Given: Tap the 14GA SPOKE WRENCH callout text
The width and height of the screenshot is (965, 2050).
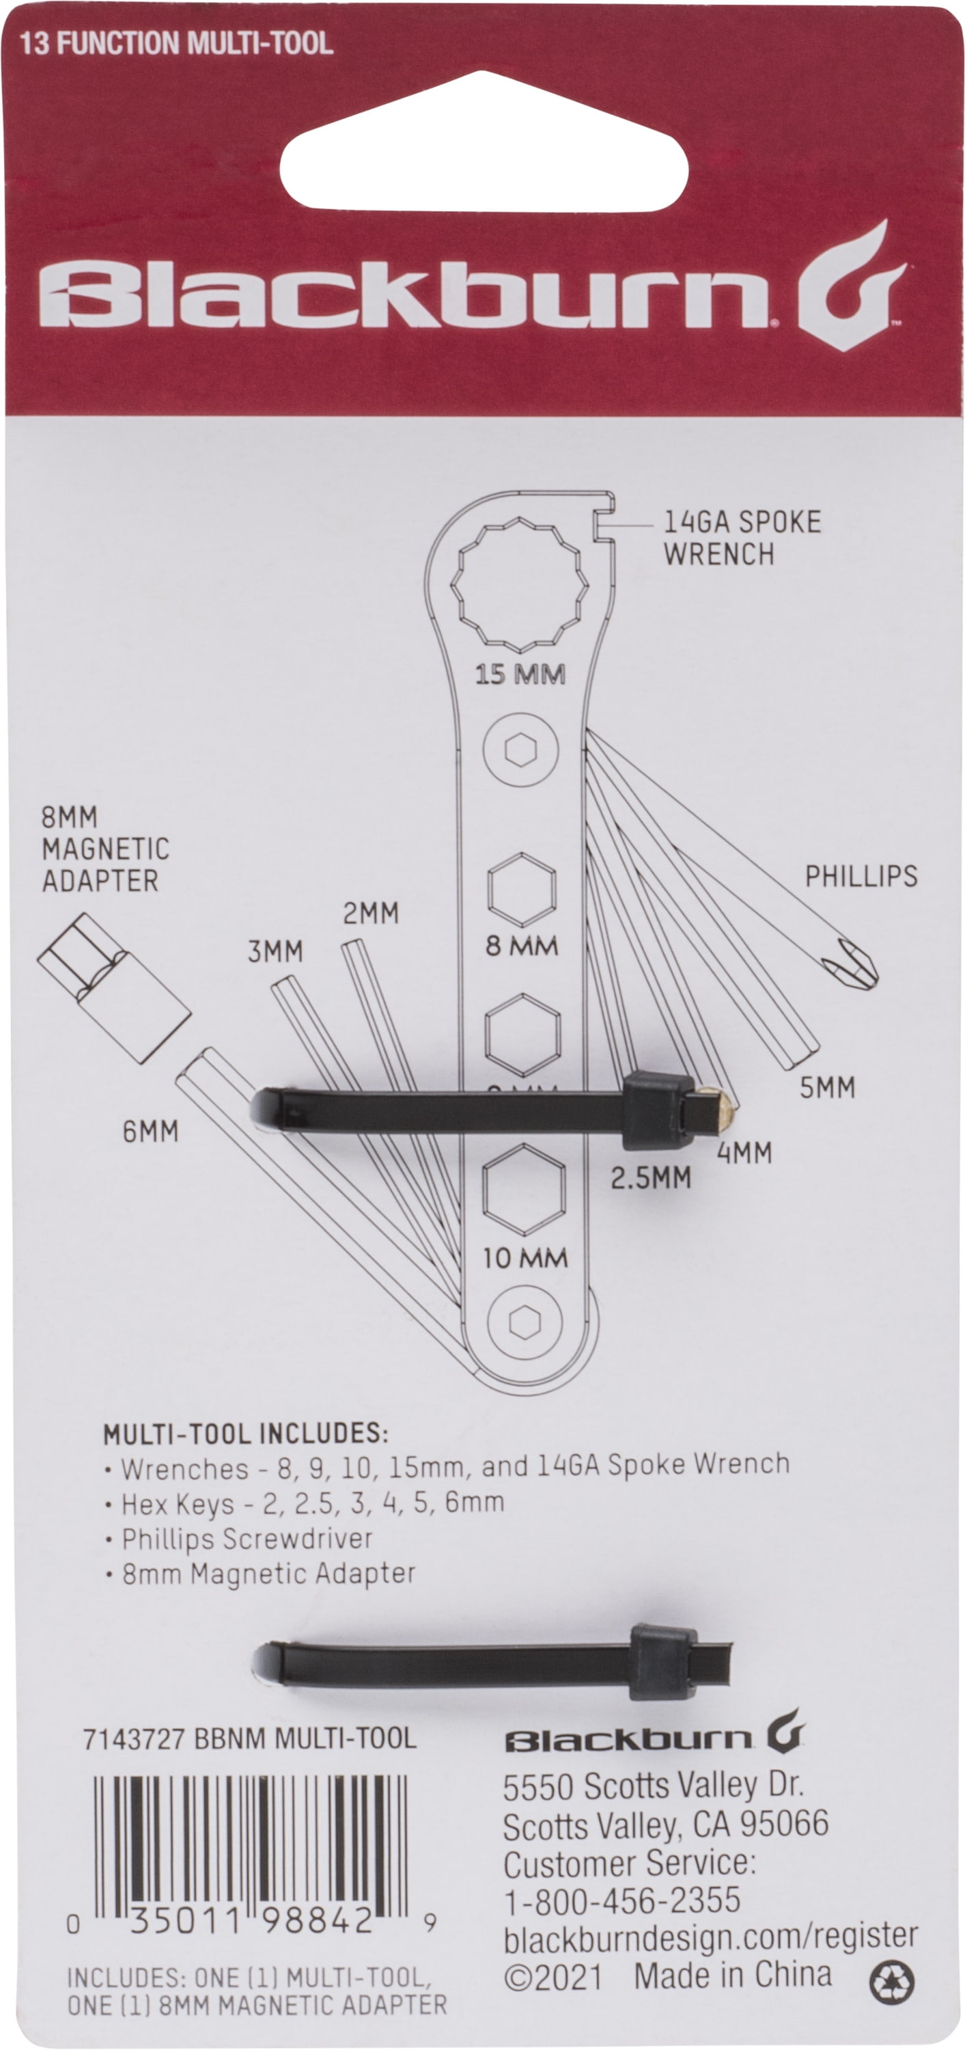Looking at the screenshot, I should click(x=741, y=538).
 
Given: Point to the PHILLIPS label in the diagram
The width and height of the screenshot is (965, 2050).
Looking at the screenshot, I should click(x=861, y=876).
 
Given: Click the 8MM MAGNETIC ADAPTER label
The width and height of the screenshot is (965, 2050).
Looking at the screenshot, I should click(x=105, y=849).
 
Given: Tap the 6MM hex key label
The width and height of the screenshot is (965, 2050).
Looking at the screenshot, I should click(x=150, y=1131).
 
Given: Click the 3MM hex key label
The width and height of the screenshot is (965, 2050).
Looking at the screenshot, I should click(x=275, y=952).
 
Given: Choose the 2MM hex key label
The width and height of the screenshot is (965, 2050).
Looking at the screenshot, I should click(x=371, y=914).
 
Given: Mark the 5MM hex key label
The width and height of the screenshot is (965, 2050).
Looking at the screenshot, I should click(x=827, y=1087).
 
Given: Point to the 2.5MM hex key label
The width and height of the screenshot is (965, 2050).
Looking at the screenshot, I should click(x=651, y=1178).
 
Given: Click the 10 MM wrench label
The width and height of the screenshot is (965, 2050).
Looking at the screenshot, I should click(x=525, y=1258).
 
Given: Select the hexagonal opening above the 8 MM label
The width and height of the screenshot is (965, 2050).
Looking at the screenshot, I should click(x=522, y=890).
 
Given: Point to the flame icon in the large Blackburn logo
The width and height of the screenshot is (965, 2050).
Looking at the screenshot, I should click(x=853, y=288).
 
